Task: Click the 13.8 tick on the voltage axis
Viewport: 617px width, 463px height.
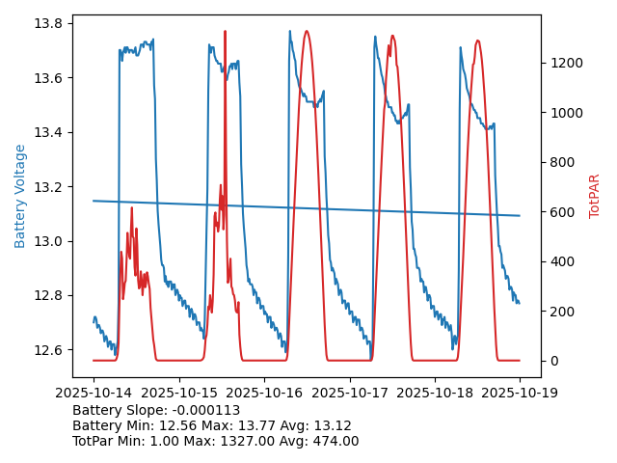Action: click(x=49, y=23)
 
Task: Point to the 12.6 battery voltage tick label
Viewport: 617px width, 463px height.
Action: click(x=49, y=349)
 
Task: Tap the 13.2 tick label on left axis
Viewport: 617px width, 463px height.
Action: click(x=49, y=186)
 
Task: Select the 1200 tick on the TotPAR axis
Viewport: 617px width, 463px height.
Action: click(x=563, y=63)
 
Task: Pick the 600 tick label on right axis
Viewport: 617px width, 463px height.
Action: click(x=559, y=212)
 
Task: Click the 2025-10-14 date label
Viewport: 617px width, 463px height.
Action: click(x=94, y=394)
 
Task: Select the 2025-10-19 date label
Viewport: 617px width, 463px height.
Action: click(x=520, y=394)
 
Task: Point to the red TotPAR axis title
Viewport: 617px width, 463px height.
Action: click(x=595, y=196)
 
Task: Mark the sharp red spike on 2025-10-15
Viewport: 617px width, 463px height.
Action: click(x=226, y=32)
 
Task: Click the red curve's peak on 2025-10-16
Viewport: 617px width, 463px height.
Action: click(x=307, y=31)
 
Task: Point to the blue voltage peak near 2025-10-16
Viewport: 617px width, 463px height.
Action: click(x=289, y=31)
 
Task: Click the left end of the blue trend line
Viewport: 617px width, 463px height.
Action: click(x=94, y=201)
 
